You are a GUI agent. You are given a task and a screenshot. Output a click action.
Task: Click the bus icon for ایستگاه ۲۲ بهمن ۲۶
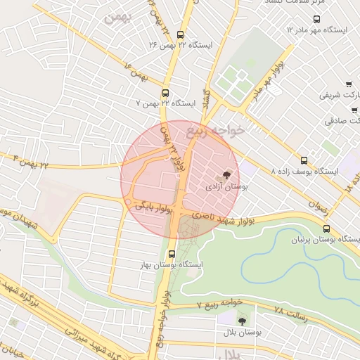pyautogui.click(x=181, y=34)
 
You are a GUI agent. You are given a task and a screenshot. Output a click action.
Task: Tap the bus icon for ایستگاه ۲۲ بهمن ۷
pyautogui.click(x=166, y=93)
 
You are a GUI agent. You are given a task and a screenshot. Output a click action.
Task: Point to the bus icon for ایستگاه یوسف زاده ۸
pyautogui.click(x=304, y=160)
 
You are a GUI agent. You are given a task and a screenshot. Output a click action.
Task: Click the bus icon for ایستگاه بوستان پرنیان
pyautogui.click(x=326, y=229)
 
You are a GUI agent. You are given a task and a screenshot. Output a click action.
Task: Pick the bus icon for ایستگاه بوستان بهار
pyautogui.click(x=172, y=254)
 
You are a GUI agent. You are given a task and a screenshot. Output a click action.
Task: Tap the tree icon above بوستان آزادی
pyautogui.click(x=226, y=175)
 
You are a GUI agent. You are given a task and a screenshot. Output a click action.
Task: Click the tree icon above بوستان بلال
pyautogui.click(x=243, y=320)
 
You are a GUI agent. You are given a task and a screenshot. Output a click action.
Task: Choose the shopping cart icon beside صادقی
pyautogui.click(x=354, y=110)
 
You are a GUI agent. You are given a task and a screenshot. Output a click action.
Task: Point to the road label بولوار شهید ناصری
pyautogui.click(x=213, y=213)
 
